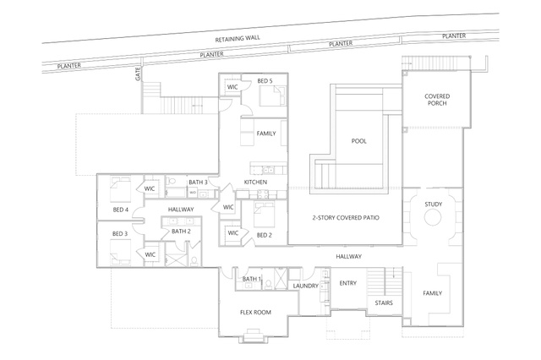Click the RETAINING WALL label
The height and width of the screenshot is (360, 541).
tap(238, 39)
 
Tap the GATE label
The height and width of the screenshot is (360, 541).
tap(138, 74)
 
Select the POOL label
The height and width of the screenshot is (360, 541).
tap(358, 141)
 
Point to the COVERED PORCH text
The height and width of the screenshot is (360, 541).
tap(437, 100)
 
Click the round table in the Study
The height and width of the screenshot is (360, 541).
tap(433, 218)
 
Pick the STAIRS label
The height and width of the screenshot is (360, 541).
tap(384, 303)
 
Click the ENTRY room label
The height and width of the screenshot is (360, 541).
tap(347, 283)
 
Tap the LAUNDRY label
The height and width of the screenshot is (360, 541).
tap(306, 286)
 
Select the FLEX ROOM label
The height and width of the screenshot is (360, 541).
tap(255, 313)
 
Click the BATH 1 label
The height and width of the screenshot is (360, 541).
tap(252, 279)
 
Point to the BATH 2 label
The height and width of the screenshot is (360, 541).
tap(181, 231)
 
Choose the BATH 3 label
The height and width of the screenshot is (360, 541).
tap(198, 182)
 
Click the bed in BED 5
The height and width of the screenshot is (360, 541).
tap(272, 95)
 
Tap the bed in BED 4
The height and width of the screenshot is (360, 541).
tap(120, 189)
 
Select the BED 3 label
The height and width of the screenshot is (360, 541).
tap(120, 234)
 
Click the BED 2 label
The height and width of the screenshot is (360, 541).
tap(265, 235)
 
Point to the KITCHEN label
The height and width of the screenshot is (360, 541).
tap(255, 182)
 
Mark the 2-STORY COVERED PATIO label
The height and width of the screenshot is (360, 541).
tap(346, 218)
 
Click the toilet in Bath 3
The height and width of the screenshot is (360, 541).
tap(172, 182)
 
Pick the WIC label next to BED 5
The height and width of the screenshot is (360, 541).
tap(232, 87)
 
